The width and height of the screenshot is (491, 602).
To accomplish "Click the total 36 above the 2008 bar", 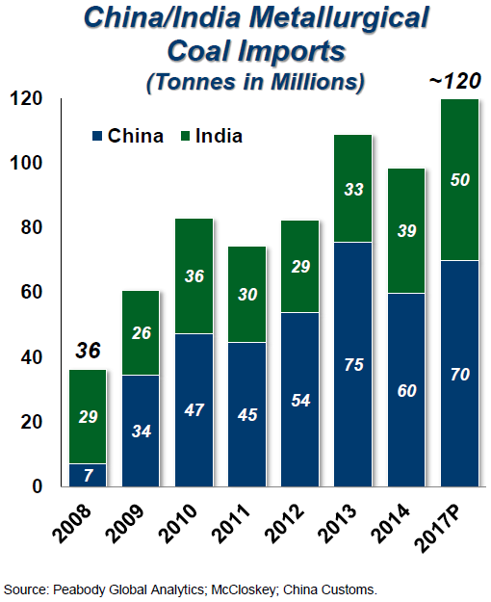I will click(86, 350).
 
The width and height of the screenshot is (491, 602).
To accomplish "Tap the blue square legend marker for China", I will click(96, 136).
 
